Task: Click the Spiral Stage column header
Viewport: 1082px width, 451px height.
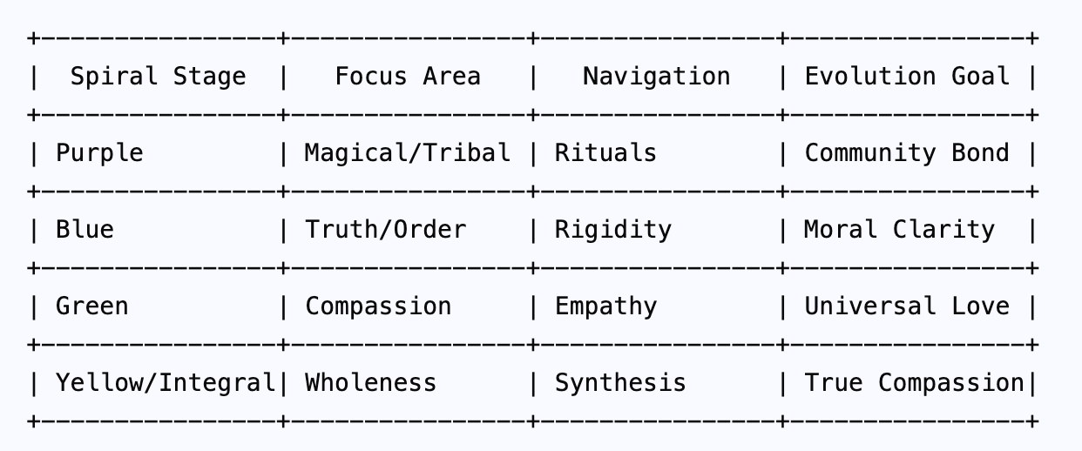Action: point(158,77)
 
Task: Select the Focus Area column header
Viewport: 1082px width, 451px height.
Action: point(407,77)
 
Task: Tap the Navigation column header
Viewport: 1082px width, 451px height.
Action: point(656,77)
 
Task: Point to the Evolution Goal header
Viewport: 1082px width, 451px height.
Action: point(907,77)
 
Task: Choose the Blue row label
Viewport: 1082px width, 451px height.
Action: point(85,230)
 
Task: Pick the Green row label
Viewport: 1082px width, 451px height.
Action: point(91,306)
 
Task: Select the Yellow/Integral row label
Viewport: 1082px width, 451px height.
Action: point(165,383)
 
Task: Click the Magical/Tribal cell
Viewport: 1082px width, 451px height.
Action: point(407,153)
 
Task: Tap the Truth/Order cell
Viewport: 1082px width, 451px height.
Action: point(385,230)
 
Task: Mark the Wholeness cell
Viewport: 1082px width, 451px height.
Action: point(370,383)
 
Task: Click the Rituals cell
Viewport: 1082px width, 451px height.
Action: point(605,153)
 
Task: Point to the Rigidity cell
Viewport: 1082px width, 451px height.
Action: point(613,230)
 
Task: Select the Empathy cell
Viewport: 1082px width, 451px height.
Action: point(605,306)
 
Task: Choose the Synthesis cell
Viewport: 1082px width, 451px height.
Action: point(620,383)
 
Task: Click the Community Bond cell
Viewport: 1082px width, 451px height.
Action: point(907,153)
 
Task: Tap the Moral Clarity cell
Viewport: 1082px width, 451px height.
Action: point(899,230)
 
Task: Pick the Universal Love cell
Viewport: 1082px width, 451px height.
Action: point(907,306)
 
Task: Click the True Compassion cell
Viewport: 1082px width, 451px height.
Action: point(914,383)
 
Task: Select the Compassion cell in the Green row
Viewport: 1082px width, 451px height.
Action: point(378,306)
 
